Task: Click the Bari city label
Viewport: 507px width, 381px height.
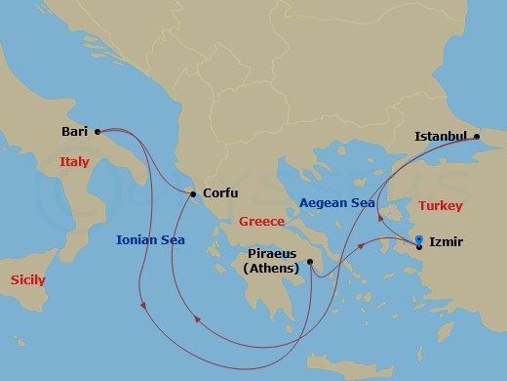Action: (74, 131)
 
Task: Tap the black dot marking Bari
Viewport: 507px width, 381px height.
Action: (97, 131)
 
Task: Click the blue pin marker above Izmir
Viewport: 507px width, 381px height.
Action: (418, 238)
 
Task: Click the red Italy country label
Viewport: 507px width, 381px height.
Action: (74, 162)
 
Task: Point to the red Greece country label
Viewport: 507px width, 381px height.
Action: (261, 221)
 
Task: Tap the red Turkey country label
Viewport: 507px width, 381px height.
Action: (440, 206)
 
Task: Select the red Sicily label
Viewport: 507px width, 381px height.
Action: (27, 279)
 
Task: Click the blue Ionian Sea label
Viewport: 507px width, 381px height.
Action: (151, 239)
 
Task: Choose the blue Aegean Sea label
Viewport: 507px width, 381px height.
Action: (336, 202)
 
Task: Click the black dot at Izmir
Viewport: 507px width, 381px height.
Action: (419, 247)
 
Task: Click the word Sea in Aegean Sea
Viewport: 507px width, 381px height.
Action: (362, 202)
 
